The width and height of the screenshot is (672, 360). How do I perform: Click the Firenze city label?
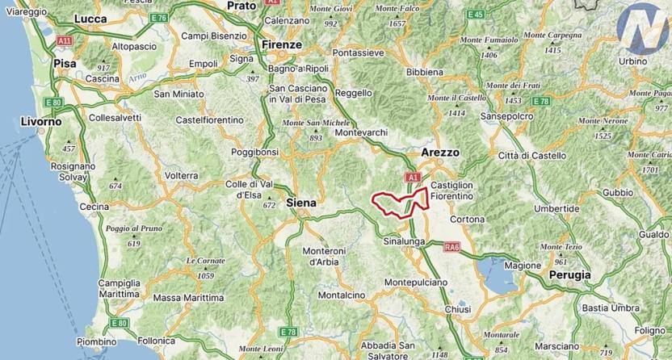pos(279,44)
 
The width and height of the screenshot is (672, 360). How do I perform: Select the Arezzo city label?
pos(440,152)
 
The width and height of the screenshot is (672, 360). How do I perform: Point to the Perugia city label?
pos(569,274)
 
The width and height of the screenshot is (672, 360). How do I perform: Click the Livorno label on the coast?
pos(40,121)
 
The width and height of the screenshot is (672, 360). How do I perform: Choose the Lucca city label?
pos(90,18)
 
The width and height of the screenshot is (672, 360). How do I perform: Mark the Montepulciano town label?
pos(416,283)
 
